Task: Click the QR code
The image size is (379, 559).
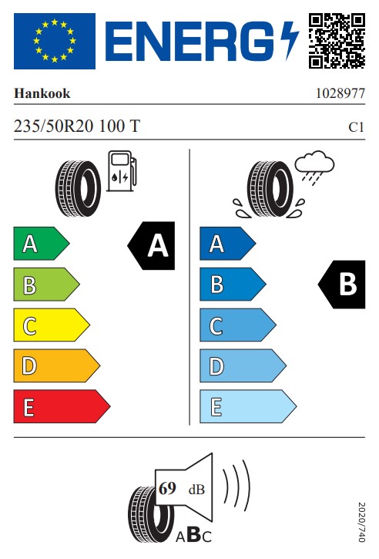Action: click(337, 41)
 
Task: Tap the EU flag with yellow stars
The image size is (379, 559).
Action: click(55, 41)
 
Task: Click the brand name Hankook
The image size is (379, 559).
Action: click(42, 93)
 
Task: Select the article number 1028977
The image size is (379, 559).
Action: click(340, 93)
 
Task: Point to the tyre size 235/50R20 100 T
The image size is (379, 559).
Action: click(77, 126)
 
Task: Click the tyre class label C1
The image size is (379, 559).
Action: click(356, 127)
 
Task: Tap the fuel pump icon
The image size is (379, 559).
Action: click(122, 171)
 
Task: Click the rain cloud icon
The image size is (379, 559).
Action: click(314, 167)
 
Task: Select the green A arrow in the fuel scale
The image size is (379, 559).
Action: click(42, 244)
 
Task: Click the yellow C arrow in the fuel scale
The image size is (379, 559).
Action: click(52, 325)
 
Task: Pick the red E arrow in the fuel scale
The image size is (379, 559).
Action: click(62, 406)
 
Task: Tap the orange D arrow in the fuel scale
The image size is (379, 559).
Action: click(57, 365)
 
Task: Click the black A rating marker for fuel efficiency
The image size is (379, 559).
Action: click(152, 245)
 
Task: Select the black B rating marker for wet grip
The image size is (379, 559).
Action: click(341, 285)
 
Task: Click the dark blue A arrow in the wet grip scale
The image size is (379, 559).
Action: click(227, 244)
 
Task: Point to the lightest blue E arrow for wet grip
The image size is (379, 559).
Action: click(248, 406)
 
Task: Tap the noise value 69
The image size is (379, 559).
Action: click(167, 488)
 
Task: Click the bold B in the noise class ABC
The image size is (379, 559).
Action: click(194, 535)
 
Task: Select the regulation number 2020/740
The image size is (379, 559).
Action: click(361, 522)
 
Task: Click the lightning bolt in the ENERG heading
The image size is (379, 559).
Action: click(289, 40)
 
